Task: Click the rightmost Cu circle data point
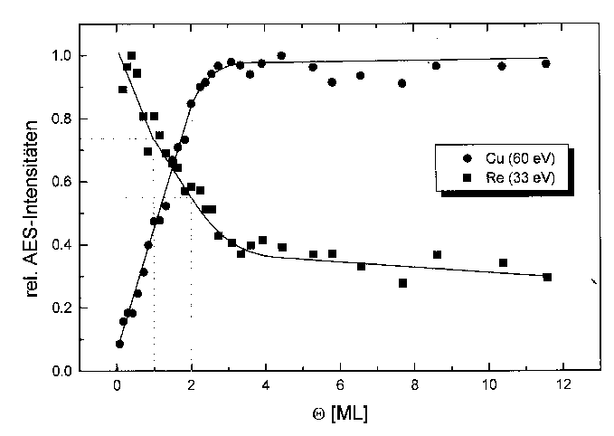coord(546,63)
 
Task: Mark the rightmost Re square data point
coord(547,277)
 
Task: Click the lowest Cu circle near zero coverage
coord(119,344)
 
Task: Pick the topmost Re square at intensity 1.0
coord(132,56)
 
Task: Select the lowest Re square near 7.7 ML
coord(402,283)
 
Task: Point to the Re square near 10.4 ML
coord(503,262)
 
